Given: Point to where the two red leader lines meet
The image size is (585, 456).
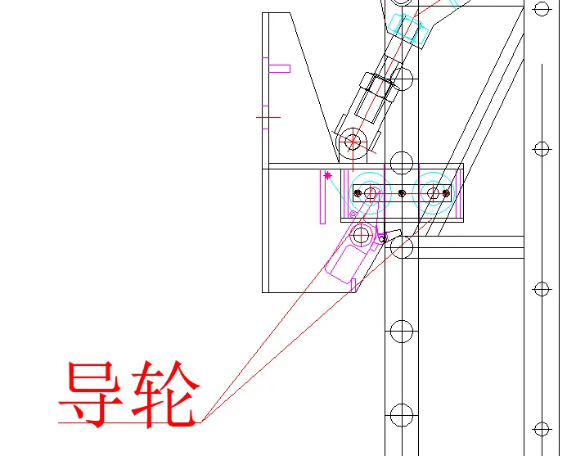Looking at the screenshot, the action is [x=201, y=422].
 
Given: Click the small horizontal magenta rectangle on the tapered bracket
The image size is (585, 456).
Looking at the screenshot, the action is [x=280, y=69].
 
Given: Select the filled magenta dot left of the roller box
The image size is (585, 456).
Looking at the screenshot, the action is [x=327, y=175].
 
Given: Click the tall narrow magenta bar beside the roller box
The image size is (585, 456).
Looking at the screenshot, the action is [x=322, y=196].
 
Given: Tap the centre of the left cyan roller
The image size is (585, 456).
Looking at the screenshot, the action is [x=370, y=193].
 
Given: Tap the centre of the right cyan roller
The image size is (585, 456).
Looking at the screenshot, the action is [x=433, y=193].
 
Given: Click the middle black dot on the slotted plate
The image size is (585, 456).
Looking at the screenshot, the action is [x=402, y=193].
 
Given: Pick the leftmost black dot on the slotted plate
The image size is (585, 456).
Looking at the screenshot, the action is [x=358, y=193].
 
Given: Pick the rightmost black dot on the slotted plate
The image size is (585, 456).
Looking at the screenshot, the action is [x=446, y=193].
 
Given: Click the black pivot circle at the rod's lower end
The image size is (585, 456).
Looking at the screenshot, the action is [x=352, y=142].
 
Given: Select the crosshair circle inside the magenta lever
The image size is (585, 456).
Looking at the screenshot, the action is [x=361, y=235].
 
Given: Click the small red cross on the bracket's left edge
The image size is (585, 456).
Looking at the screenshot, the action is [x=268, y=117].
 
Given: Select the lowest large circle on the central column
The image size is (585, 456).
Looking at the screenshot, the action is [x=402, y=415].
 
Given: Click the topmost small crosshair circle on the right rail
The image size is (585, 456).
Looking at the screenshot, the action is [x=542, y=8].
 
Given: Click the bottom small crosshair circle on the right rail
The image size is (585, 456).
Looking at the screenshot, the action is [x=542, y=430].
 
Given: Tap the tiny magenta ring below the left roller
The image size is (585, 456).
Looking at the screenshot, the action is [x=353, y=214].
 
